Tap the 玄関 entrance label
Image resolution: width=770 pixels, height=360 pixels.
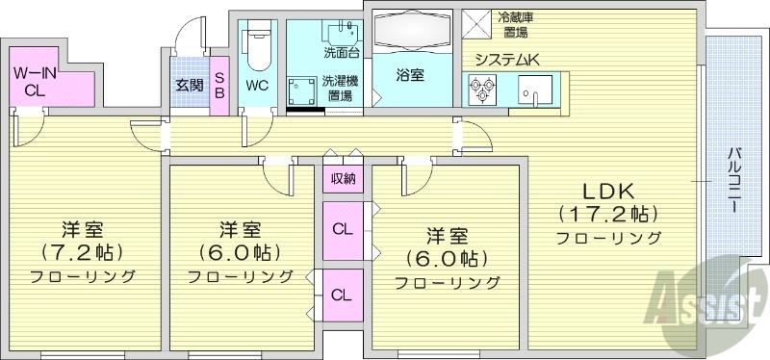coord(190,85)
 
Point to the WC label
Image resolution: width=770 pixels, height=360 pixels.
coord(258,85)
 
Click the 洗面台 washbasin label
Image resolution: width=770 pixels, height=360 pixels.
coord(341,52)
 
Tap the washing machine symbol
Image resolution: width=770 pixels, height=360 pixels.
coord(303,90)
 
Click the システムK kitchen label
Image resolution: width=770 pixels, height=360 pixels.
coord(506,61)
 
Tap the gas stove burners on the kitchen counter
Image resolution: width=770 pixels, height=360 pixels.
coord(481,90)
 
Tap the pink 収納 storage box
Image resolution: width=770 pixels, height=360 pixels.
coord(343,179)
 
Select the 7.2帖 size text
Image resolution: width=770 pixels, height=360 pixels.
coord(82,252)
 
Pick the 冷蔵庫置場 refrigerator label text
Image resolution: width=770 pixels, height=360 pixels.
coord(515,24)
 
